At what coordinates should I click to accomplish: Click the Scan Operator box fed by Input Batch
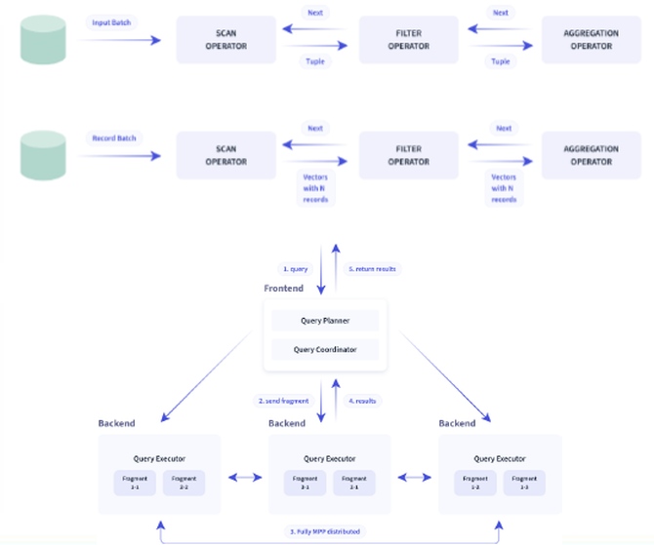pyautogui.click(x=226, y=40)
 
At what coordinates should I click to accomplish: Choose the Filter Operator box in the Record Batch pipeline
pyautogui.click(x=408, y=155)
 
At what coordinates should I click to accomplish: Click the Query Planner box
pyautogui.click(x=325, y=321)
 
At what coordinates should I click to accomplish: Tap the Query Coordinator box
pyautogui.click(x=325, y=349)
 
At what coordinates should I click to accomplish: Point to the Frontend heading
pyautogui.click(x=284, y=289)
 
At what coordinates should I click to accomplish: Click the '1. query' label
pyautogui.click(x=296, y=268)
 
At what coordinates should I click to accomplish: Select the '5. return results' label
pyautogui.click(x=374, y=268)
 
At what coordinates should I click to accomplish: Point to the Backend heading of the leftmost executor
pyautogui.click(x=117, y=423)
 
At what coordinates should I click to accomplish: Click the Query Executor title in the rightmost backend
pyautogui.click(x=500, y=458)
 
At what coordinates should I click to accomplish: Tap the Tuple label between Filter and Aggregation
pyautogui.click(x=501, y=61)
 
